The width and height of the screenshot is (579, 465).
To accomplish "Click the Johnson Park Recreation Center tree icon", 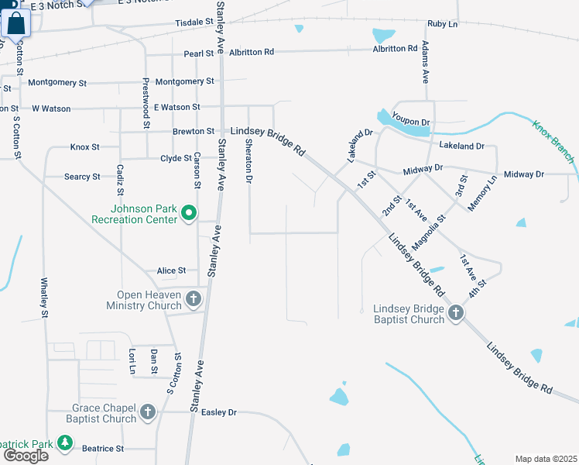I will tap(187, 212).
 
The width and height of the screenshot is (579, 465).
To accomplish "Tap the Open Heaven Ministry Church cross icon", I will tap(193, 298).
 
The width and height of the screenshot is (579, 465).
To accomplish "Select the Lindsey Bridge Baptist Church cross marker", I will tap(456, 313).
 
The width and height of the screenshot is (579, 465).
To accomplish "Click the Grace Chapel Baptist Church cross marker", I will tap(147, 412).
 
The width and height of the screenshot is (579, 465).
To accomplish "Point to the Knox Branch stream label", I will tap(553, 141).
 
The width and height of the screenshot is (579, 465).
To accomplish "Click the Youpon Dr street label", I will tap(410, 122).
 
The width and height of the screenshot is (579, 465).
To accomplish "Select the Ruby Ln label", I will tap(443, 24).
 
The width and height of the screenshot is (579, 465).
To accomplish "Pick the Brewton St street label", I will tap(194, 132).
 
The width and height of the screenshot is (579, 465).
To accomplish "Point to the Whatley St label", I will tap(44, 298).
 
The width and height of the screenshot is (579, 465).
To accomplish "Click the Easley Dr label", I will tap(218, 412).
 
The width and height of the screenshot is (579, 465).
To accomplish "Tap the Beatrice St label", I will tap(103, 449).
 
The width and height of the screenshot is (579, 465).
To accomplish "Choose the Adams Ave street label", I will tap(425, 64).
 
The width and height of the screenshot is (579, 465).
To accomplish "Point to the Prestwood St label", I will tap(145, 103).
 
